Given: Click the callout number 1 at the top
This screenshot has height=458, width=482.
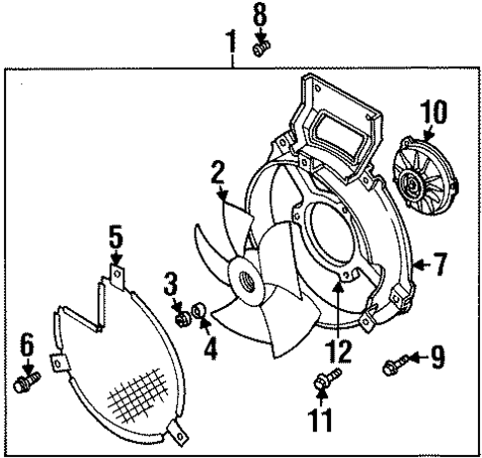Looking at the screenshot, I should (231, 43).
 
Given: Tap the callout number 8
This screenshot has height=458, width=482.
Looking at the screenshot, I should (259, 17).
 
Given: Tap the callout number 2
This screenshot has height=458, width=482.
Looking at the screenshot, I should (217, 176).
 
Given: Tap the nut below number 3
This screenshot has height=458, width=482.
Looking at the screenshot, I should (182, 319).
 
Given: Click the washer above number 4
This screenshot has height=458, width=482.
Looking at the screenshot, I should (200, 315).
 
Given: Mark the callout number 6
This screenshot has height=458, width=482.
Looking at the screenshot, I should (27, 346).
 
